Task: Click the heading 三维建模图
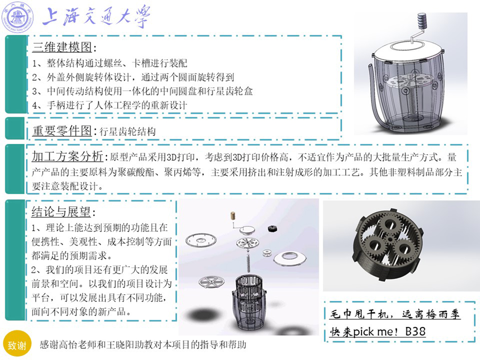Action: [x=62, y=47]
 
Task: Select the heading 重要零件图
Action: [x=62, y=131]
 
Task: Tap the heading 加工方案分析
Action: [x=68, y=156]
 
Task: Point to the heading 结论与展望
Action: [x=61, y=212]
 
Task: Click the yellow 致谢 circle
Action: [x=17, y=345]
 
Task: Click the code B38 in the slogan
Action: [x=415, y=331]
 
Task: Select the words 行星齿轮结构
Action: [x=128, y=132]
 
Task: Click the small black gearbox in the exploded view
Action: [x=272, y=228]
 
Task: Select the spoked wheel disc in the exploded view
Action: [x=212, y=281]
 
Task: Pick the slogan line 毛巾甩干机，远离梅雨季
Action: [x=395, y=314]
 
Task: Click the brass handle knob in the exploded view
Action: [x=233, y=215]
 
